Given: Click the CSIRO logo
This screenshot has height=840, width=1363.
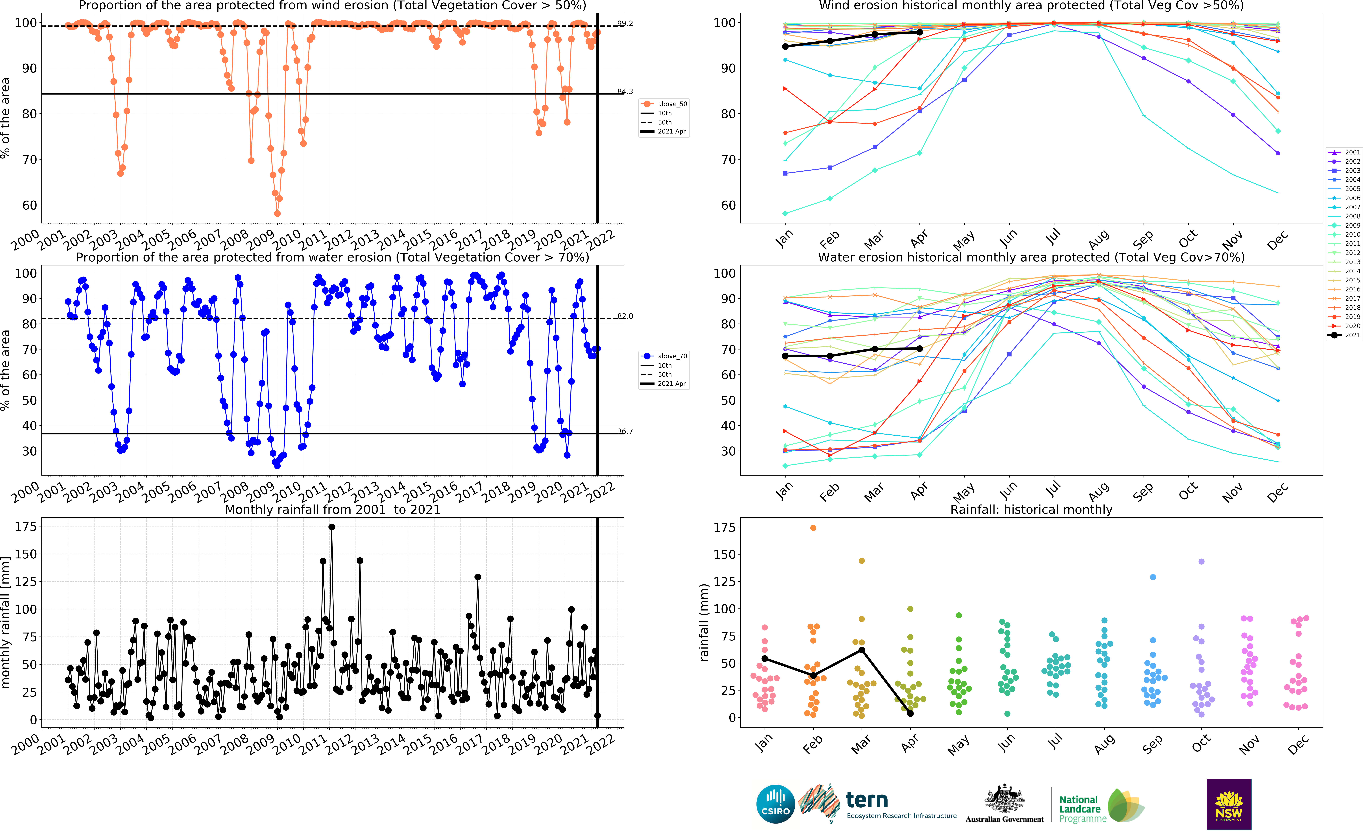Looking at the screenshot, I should click(775, 804).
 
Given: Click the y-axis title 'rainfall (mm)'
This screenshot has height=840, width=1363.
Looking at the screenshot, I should click(704, 622).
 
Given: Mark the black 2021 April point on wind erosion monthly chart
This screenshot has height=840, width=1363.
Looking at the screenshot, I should click(919, 32).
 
